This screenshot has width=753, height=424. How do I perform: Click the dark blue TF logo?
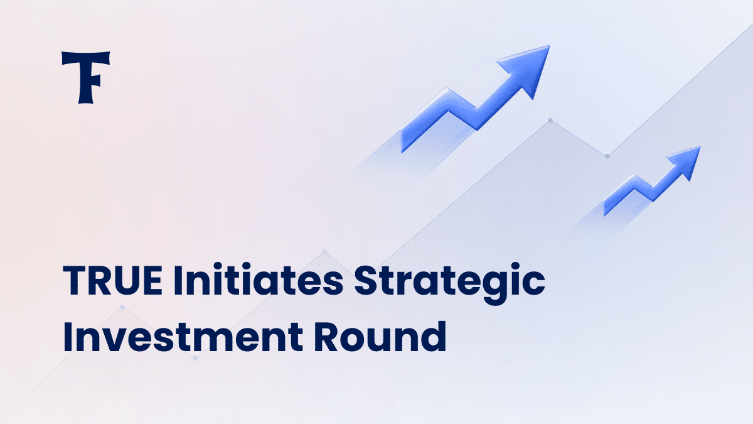tap(86, 77)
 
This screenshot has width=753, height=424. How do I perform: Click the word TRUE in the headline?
tap(113, 281)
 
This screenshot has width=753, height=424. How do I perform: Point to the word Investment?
tap(183, 336)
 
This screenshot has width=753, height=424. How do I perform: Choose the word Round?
tap(380, 335)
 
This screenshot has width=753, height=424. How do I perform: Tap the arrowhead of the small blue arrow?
tap(686, 161)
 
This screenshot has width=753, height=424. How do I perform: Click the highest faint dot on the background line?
tap(550, 121)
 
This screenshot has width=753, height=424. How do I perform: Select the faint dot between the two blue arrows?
tap(607, 156)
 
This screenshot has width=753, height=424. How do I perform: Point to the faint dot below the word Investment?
tap(195, 358)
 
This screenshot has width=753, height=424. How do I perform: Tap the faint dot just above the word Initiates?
tap(324, 252)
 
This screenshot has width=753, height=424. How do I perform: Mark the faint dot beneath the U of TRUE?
tap(122, 307)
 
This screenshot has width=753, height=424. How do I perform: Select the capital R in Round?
tap(327, 336)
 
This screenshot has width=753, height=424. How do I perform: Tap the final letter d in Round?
tap(434, 336)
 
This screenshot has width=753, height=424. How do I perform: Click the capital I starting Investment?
tap(68, 336)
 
